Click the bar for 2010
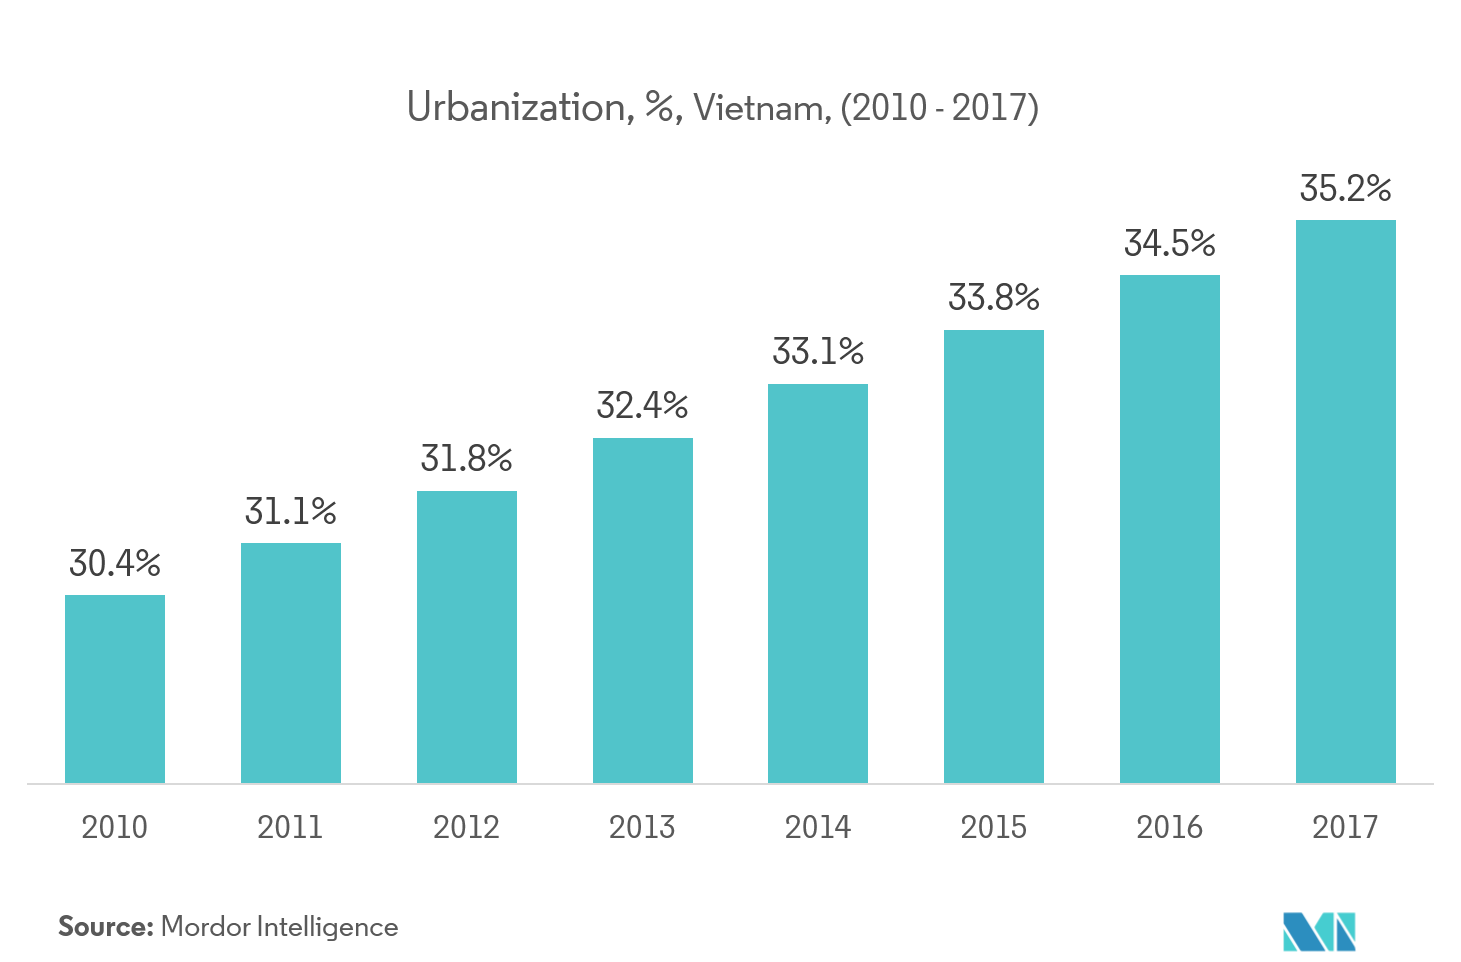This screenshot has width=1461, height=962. point(115,689)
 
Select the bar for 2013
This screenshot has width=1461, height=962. point(642,610)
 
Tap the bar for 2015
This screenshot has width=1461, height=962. point(994,556)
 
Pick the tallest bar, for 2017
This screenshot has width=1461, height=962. point(1345,501)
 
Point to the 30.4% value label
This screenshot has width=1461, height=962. point(115,564)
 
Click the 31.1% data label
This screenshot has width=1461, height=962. point(291,512)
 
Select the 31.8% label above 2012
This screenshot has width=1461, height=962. point(466,459)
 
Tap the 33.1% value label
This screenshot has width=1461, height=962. point(818,352)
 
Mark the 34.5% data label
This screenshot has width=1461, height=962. point(1170,243)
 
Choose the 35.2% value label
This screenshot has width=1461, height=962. point(1345,188)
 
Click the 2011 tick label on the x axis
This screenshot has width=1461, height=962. point(290,827)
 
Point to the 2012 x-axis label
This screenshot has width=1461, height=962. point(466,827)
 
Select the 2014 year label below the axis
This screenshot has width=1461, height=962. point(818,827)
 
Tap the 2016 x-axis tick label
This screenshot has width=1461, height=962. point(1169,827)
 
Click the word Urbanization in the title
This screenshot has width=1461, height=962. point(516,107)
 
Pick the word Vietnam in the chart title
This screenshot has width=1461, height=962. point(760,107)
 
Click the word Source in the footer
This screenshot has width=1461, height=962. point(104,927)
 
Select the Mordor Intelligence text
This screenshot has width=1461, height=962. point(279,927)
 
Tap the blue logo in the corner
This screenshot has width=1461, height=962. point(1319,931)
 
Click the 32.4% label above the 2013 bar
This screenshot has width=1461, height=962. point(642,406)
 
